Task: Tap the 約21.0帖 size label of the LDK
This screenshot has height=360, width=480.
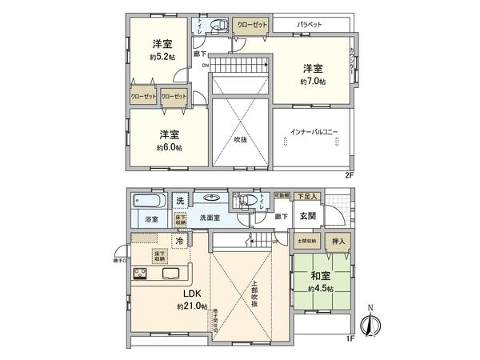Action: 193,306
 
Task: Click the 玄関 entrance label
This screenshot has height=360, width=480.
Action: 310,215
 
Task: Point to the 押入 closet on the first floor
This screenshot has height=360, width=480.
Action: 338,240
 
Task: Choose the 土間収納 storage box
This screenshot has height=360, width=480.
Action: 307,240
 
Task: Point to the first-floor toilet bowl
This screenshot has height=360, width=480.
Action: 251,200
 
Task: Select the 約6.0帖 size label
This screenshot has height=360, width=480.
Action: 169,147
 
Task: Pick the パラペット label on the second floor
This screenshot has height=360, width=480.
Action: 309,25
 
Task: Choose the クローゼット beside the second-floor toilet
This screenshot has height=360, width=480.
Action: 252,25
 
